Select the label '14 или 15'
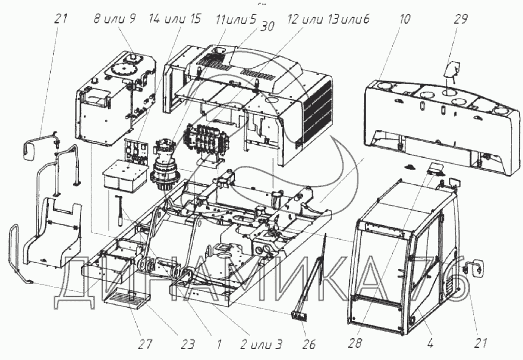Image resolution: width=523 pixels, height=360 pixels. pyautogui.click(x=174, y=19)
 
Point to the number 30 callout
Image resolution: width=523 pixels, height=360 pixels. pyautogui.click(x=267, y=26)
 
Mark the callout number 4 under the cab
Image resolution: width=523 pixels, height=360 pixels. pyautogui.click(x=430, y=344)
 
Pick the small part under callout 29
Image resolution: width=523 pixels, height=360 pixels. pyautogui.click(x=452, y=71)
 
